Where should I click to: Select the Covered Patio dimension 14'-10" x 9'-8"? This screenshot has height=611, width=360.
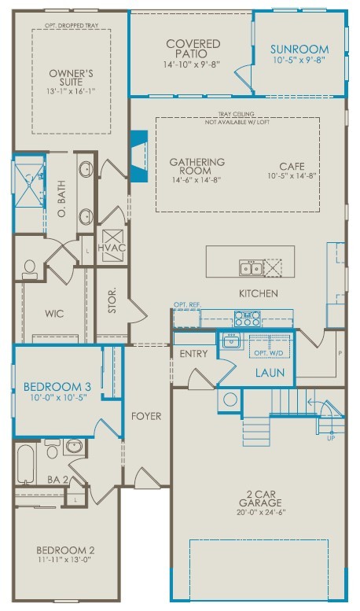tap(193, 64)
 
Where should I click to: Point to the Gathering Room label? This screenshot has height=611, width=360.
tap(197, 167)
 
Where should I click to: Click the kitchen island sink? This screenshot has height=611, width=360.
tap(252, 269)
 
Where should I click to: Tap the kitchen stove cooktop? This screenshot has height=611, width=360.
tap(248, 318)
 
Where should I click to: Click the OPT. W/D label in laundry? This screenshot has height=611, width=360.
tap(267, 353)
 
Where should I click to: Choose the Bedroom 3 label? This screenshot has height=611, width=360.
tap(57, 387)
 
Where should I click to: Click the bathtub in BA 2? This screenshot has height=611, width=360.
tap(24, 466)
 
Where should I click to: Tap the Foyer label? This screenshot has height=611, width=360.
tap(146, 416)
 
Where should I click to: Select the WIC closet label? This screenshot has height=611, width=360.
tap(54, 314)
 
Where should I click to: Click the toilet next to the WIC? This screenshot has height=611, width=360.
tap(30, 270)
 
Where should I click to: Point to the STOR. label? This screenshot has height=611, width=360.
tap(112, 301)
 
